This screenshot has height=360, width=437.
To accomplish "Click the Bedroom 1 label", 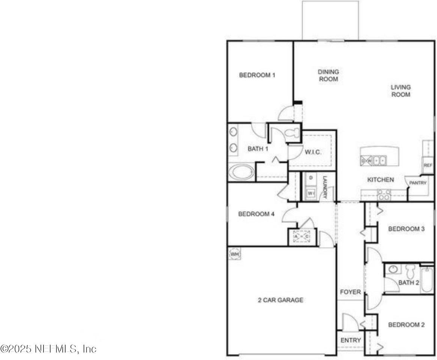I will [x=257, y=75].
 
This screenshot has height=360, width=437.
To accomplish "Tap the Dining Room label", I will [x=328, y=75].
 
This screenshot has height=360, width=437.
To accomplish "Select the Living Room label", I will [x=401, y=90].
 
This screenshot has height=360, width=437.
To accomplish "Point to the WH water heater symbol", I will [x=234, y=254].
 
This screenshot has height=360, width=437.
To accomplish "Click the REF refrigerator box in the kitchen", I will [x=428, y=165].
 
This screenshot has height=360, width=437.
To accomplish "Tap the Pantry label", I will [x=417, y=183].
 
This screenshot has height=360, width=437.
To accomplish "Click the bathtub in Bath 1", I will [x=242, y=172].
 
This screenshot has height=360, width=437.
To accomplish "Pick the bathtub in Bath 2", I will [x=427, y=280].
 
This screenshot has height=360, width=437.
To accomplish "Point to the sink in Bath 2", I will [x=393, y=269].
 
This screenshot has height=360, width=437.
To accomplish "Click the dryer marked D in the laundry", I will [x=311, y=178].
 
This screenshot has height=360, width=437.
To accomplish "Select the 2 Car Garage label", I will [x=280, y=300].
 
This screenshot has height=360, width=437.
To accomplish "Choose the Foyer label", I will [x=350, y=292].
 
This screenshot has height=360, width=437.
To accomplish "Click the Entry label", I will [x=350, y=340].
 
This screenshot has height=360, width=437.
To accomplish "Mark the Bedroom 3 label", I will [x=406, y=229].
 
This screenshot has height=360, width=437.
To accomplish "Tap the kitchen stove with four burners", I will [x=384, y=194].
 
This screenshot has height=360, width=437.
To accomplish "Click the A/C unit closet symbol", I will [x=301, y=237].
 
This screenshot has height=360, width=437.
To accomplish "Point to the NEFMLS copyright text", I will [x=48, y=349].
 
